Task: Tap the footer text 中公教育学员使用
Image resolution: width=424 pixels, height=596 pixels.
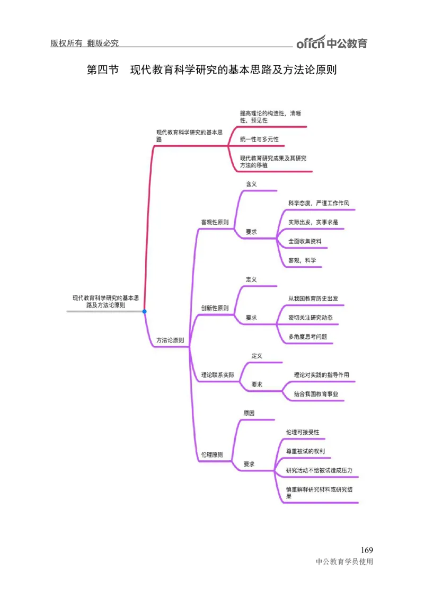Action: pyautogui.click(x=344, y=562)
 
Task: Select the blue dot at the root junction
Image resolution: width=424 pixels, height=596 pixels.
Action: pyautogui.click(x=144, y=311)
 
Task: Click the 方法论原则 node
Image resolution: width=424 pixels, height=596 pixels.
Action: pyautogui.click(x=170, y=340)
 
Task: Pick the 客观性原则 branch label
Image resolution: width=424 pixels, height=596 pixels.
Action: pyautogui.click(x=215, y=222)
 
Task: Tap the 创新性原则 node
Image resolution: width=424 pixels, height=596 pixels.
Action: pyautogui.click(x=215, y=308)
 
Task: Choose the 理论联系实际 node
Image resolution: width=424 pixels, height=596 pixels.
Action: pyautogui.click(x=217, y=375)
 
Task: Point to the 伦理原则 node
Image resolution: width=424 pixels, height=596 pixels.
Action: pyautogui.click(x=212, y=454)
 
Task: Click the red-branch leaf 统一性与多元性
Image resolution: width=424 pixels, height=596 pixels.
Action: pyautogui.click(x=259, y=139)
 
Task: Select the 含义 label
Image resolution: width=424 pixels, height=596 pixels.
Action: pyautogui.click(x=251, y=184)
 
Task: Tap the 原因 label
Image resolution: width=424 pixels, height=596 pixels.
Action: pyautogui.click(x=249, y=413)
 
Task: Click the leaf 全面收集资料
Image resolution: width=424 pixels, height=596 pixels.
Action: pyautogui.click(x=305, y=241)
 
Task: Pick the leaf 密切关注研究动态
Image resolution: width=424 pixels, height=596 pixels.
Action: pyautogui.click(x=310, y=318)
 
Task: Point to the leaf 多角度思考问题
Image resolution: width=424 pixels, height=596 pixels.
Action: pyautogui.click(x=307, y=337)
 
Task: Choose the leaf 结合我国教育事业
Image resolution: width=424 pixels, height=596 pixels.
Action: pyautogui.click(x=316, y=394)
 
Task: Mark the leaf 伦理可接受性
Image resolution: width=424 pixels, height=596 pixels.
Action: pyautogui.click(x=303, y=432)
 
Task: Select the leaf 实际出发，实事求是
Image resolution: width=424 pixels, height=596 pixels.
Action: pyautogui.click(x=313, y=222)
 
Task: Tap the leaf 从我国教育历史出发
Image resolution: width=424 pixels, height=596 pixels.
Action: pyautogui.click(x=313, y=299)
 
